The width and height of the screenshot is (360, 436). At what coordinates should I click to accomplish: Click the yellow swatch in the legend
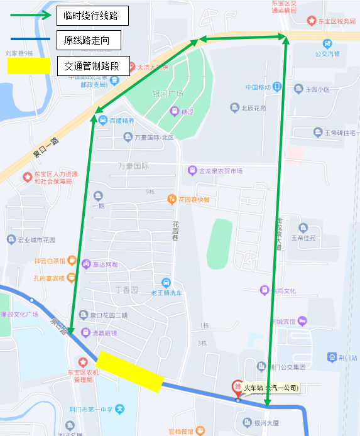(29, 65)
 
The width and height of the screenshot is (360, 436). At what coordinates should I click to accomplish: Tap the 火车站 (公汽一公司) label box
(271, 388)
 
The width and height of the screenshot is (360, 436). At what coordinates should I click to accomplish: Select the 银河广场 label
(168, 94)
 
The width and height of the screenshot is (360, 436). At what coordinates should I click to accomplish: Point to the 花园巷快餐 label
(193, 200)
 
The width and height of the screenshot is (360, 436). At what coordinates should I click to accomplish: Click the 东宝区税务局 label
(336, 21)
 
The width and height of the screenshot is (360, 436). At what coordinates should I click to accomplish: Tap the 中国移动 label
(258, 87)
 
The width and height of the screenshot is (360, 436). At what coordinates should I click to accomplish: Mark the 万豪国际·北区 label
(153, 137)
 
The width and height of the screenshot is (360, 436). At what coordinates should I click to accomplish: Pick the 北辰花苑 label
(253, 107)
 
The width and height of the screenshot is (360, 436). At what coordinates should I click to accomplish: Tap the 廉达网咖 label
(105, 264)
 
